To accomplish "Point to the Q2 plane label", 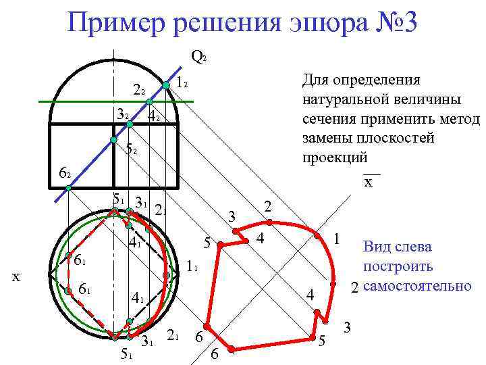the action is pyautogui.click(x=198, y=57).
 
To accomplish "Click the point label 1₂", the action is pyautogui.click(x=180, y=84).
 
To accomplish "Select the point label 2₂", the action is pyautogui.click(x=139, y=90).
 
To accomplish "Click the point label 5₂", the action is pyautogui.click(x=132, y=149).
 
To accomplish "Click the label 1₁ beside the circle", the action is pyautogui.click(x=191, y=268).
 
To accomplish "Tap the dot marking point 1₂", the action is pyautogui.click(x=166, y=85).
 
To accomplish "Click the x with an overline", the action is pyautogui.click(x=369, y=182).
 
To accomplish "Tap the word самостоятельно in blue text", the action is pyautogui.click(x=416, y=286).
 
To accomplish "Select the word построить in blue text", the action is pyautogui.click(x=398, y=266).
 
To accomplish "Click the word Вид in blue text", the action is pyautogui.click(x=375, y=247).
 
